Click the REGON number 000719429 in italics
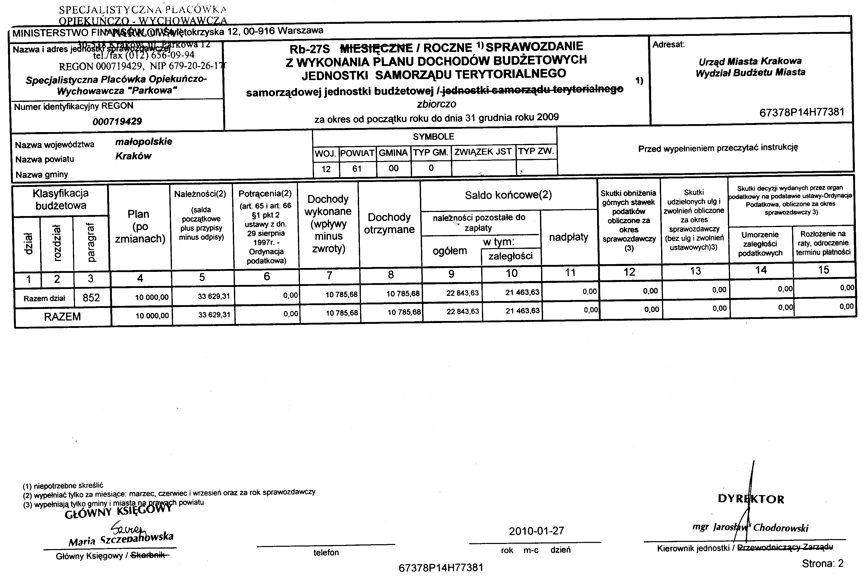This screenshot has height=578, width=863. coord(117,121)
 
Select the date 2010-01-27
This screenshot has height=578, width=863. coord(536,531)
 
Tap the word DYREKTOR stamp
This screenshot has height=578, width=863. coord(751,499)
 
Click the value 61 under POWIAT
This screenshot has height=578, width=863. coord(357,169)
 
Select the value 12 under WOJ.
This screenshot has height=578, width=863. coord(326,169)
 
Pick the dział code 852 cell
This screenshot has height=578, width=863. coord(91,297)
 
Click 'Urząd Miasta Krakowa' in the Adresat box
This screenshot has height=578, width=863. coord(750,61)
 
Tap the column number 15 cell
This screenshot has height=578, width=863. coord(824,270)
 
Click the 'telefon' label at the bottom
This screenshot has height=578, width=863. coord(326,552)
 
